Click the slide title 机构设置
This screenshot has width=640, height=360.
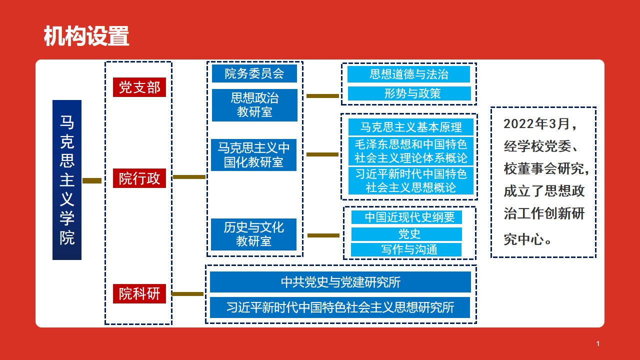(86, 36)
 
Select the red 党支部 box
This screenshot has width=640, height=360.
(139, 87)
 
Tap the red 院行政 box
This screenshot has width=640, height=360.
(139, 178)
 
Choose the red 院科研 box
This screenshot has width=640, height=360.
(139, 294)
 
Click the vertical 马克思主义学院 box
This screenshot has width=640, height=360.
(67, 180)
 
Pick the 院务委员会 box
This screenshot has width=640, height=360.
(254, 73)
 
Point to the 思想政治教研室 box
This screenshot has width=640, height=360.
(254, 105)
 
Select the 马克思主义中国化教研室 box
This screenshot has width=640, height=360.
(254, 155)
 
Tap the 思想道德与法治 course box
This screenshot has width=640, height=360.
(408, 74)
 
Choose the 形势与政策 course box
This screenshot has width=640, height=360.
(409, 93)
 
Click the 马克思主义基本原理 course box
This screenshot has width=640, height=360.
(410, 127)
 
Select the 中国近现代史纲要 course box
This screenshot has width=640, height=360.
(406, 217)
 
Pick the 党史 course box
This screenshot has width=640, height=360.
(406, 234)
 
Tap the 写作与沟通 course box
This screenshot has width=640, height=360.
(406, 249)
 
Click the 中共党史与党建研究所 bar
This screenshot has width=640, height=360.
(340, 282)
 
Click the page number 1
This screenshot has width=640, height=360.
(598, 343)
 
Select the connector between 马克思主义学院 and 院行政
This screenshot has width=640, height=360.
(92, 180)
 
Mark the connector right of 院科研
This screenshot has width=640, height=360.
(187, 294)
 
